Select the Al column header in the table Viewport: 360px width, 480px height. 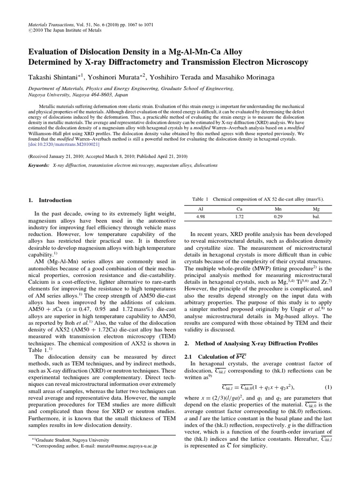pos(201,210)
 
